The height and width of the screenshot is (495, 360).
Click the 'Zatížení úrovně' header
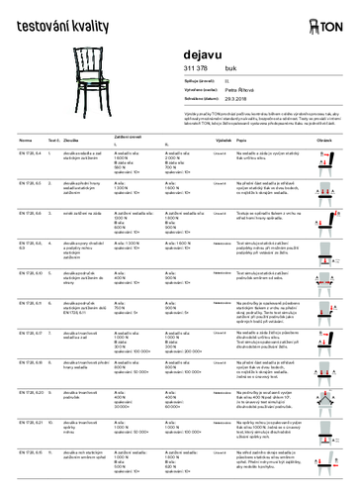[134, 136]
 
